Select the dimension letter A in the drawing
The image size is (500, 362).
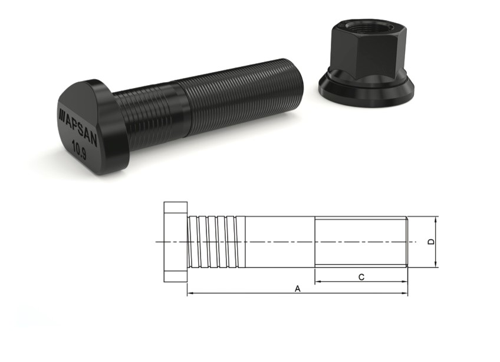point(298,289)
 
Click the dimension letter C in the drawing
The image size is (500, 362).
point(361,276)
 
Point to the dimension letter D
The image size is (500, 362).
point(431,242)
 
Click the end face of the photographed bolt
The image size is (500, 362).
point(298,82)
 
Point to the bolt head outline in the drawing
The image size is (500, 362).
point(176,242)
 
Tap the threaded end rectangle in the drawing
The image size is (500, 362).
point(361,242)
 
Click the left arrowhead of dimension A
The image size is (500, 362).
point(190,293)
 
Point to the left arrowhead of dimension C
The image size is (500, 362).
point(317,282)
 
